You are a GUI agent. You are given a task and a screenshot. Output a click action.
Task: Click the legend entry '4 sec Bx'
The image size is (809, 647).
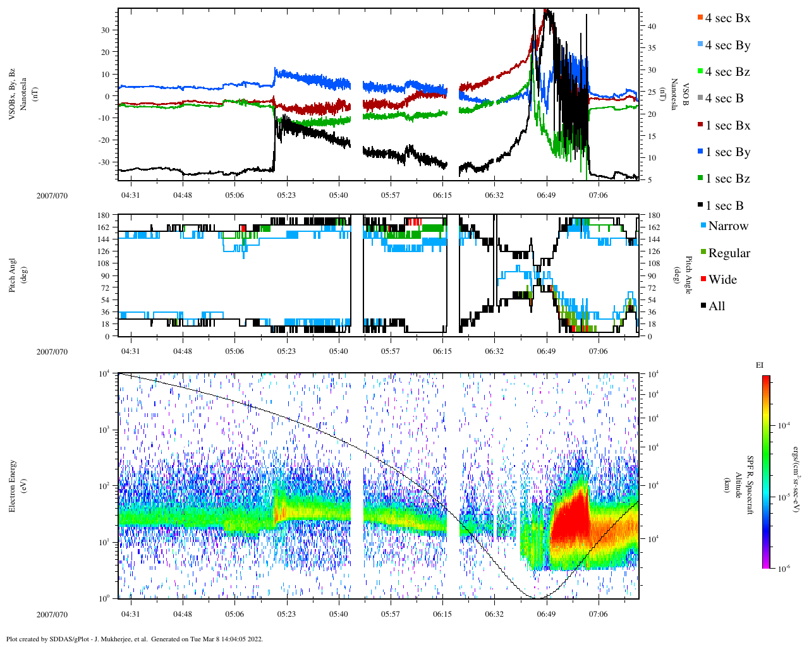coord(727,18)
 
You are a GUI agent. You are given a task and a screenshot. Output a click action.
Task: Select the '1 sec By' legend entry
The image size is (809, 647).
coord(727,152)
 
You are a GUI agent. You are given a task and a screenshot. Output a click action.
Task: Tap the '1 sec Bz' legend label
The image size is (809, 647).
coord(727,179)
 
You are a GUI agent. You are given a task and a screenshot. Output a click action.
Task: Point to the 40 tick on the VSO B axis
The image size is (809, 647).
coord(651,27)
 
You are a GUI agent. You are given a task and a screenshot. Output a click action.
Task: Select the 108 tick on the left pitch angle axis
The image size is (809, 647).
coord(104,263)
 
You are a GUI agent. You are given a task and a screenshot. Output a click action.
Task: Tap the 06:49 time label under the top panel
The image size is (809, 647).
coord(546,195)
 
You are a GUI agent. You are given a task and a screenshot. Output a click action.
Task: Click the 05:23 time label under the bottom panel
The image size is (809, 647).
coord(286,614)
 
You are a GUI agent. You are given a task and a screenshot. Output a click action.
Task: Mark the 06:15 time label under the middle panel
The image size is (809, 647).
coord(442,351)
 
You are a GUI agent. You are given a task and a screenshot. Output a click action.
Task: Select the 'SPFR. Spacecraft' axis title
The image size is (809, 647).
coord(751,485)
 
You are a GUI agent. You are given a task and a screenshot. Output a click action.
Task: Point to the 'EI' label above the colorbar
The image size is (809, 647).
coord(760,365)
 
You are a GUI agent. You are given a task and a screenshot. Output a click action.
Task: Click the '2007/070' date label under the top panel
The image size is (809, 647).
coord(52,195)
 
